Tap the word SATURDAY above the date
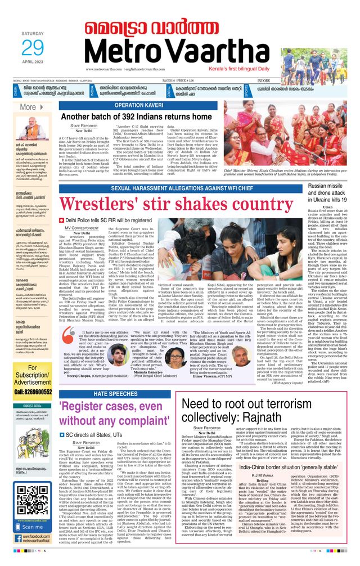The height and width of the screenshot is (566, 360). pos(32,34)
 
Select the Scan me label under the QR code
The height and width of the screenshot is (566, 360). pos(31,527)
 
